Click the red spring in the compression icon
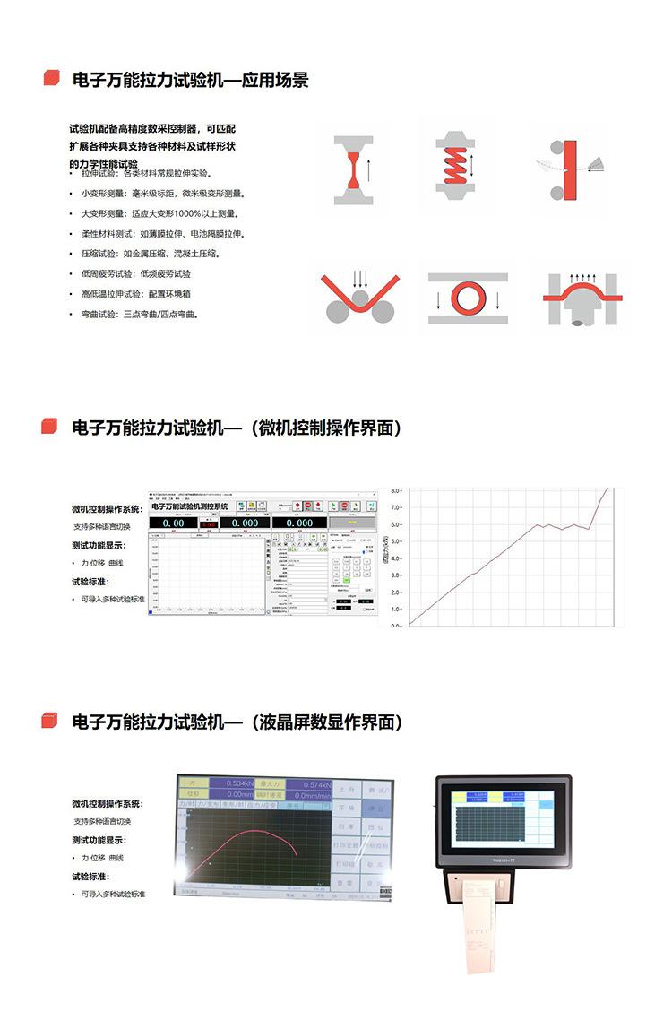pos(461,166)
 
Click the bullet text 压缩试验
pos(94,254)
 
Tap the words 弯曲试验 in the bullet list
pos(94,315)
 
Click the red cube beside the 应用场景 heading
pos(51,79)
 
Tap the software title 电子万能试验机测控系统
pos(190,506)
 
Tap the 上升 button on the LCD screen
pos(350,791)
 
